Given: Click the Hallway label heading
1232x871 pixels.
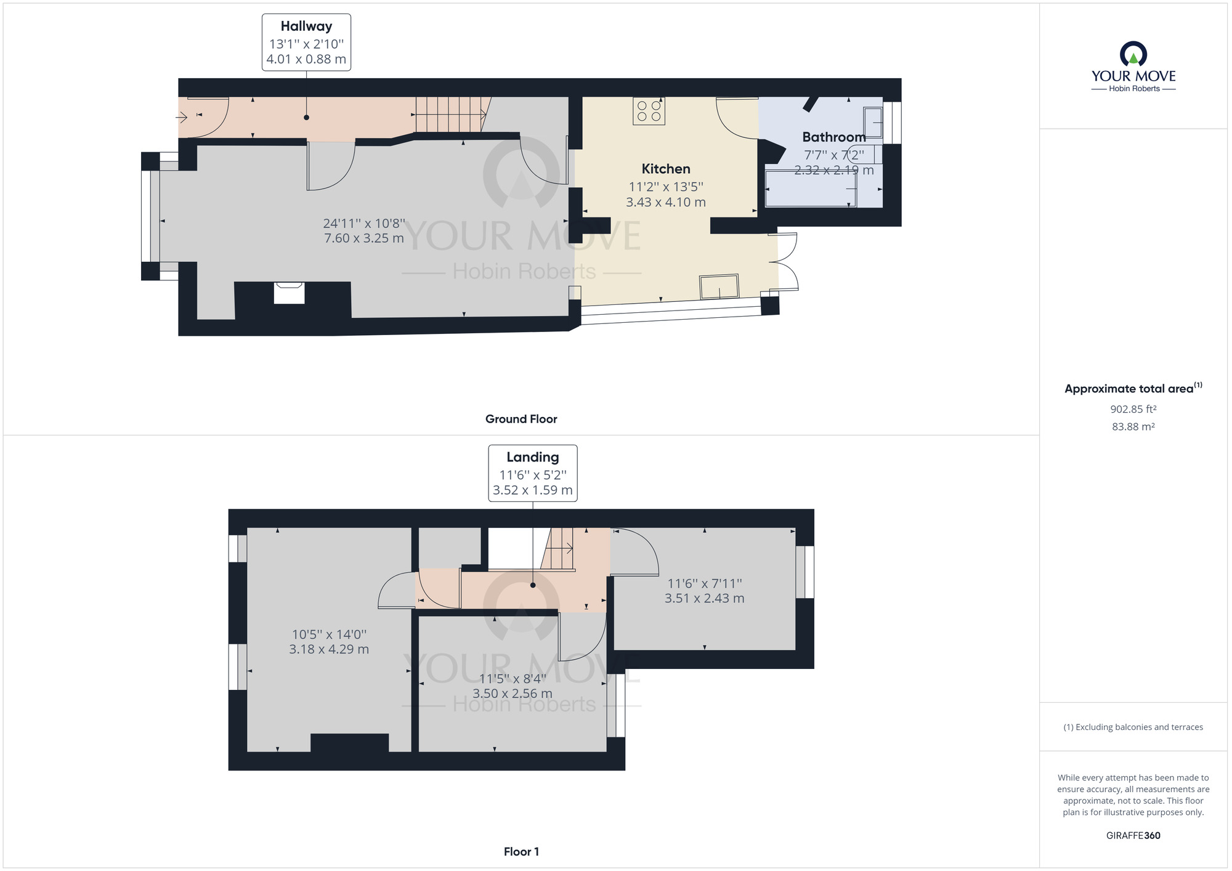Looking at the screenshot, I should click(x=306, y=26).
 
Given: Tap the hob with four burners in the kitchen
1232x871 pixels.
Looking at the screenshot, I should click(x=649, y=111).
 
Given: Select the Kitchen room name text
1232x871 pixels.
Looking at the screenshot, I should click(x=665, y=169).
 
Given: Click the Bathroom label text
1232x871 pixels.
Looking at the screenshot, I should click(x=833, y=137).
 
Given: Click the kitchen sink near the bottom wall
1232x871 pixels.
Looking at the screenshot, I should click(x=719, y=286).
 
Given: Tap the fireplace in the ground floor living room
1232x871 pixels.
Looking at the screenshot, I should click(x=289, y=293).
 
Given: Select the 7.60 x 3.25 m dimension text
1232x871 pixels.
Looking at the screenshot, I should click(x=363, y=238).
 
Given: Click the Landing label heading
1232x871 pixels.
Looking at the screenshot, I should click(x=532, y=457).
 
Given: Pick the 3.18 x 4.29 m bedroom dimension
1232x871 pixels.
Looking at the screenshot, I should click(x=329, y=649).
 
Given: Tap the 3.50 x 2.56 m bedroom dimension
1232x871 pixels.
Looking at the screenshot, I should click(x=512, y=694).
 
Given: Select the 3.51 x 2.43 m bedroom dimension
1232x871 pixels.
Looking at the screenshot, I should click(x=704, y=598).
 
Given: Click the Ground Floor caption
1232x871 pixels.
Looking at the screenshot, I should click(x=521, y=419).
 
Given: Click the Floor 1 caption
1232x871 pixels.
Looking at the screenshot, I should click(x=521, y=852).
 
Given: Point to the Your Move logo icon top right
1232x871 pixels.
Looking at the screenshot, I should click(x=1133, y=54).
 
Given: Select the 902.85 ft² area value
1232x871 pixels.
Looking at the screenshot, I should click(x=1133, y=409).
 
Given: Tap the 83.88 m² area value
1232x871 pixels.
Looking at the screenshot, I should click(x=1133, y=426).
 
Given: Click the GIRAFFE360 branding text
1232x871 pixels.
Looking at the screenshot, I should click(x=1133, y=835).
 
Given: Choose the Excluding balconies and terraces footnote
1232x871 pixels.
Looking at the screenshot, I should click(x=1133, y=727).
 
